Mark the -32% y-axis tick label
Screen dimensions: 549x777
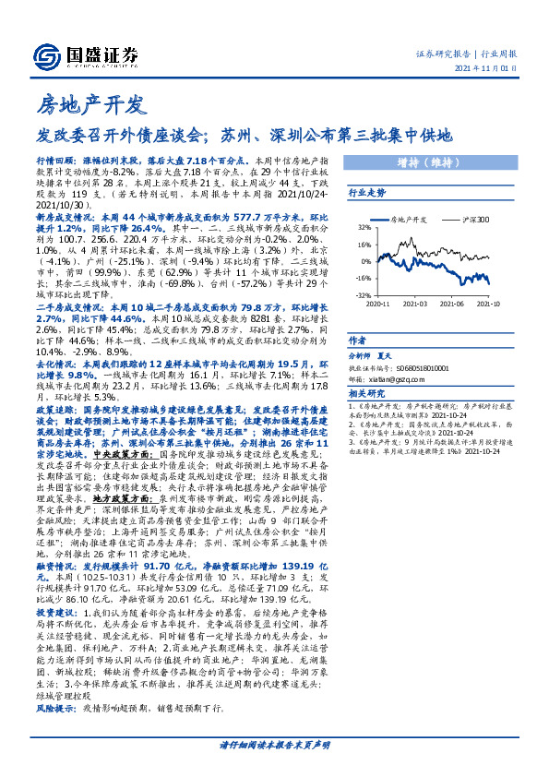[x=364, y=294]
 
